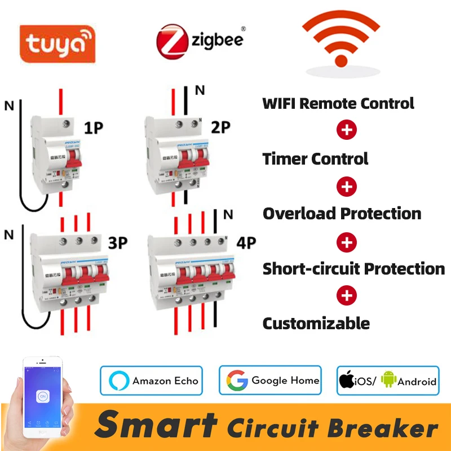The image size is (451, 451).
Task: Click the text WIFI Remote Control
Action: click(338, 104)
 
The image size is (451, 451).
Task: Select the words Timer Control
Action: click(315, 159)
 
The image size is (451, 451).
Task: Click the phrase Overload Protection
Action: click(342, 214)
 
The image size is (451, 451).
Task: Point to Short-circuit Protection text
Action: click(353, 269)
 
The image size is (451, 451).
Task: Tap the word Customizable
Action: click(316, 324)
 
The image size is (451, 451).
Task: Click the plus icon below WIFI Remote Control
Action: click(347, 130)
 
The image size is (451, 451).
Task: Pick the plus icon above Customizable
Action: click(347, 295)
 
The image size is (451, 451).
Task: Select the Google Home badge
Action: click(270, 381)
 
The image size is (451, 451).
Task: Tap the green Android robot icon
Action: click(388, 381)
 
